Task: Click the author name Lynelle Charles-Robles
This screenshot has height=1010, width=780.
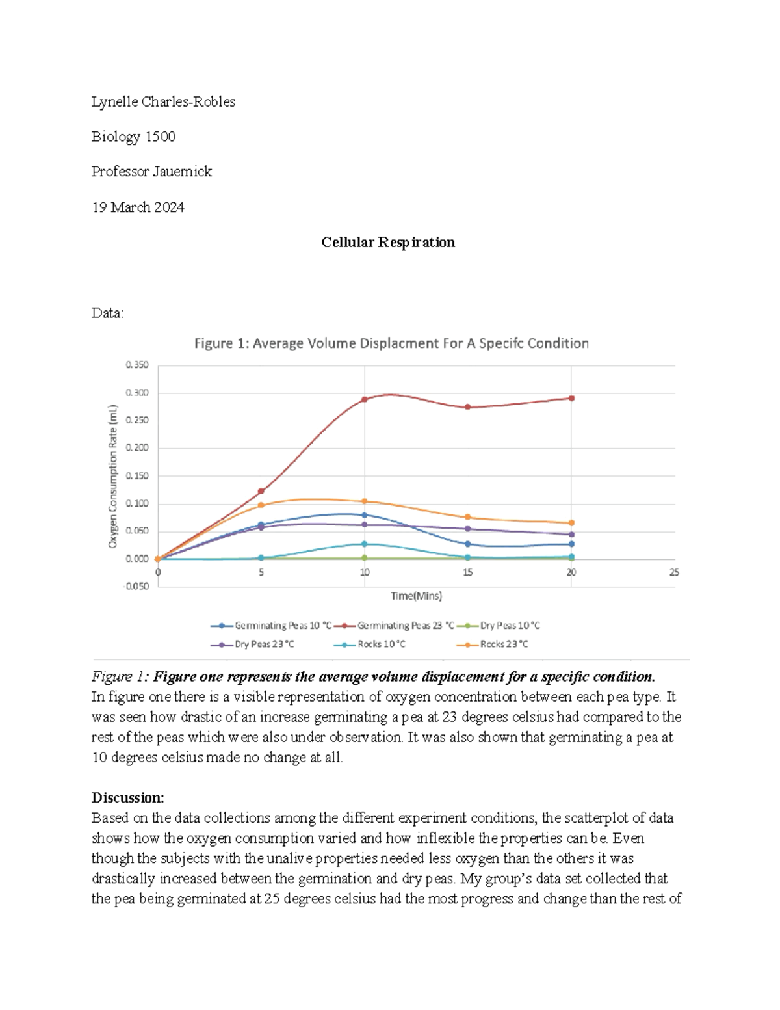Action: (x=163, y=101)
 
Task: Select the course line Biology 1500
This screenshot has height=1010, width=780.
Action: (x=133, y=137)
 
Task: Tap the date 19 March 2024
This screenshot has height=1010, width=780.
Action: (x=138, y=207)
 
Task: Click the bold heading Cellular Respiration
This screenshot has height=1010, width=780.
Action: (x=388, y=243)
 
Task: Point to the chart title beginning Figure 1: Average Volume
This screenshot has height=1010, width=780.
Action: (x=391, y=343)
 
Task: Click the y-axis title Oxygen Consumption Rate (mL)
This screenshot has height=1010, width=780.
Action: (x=113, y=476)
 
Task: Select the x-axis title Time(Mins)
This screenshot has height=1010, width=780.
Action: (x=416, y=596)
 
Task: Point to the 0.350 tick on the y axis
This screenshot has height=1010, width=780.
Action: (x=137, y=365)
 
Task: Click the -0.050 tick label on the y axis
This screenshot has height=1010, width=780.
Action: (x=136, y=586)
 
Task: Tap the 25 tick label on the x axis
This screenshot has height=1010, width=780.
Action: (x=674, y=572)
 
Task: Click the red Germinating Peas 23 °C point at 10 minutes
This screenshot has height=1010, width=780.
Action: (x=365, y=399)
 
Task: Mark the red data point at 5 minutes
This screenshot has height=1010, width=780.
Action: (x=261, y=491)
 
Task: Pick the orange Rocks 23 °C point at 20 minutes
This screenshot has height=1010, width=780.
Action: (x=571, y=523)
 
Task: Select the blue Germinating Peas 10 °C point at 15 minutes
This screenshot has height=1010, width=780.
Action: (x=468, y=544)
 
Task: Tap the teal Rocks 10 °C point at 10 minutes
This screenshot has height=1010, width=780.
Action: (x=365, y=544)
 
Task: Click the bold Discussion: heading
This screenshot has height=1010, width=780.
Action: (x=128, y=797)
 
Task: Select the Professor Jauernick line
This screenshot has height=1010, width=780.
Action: (x=151, y=172)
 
